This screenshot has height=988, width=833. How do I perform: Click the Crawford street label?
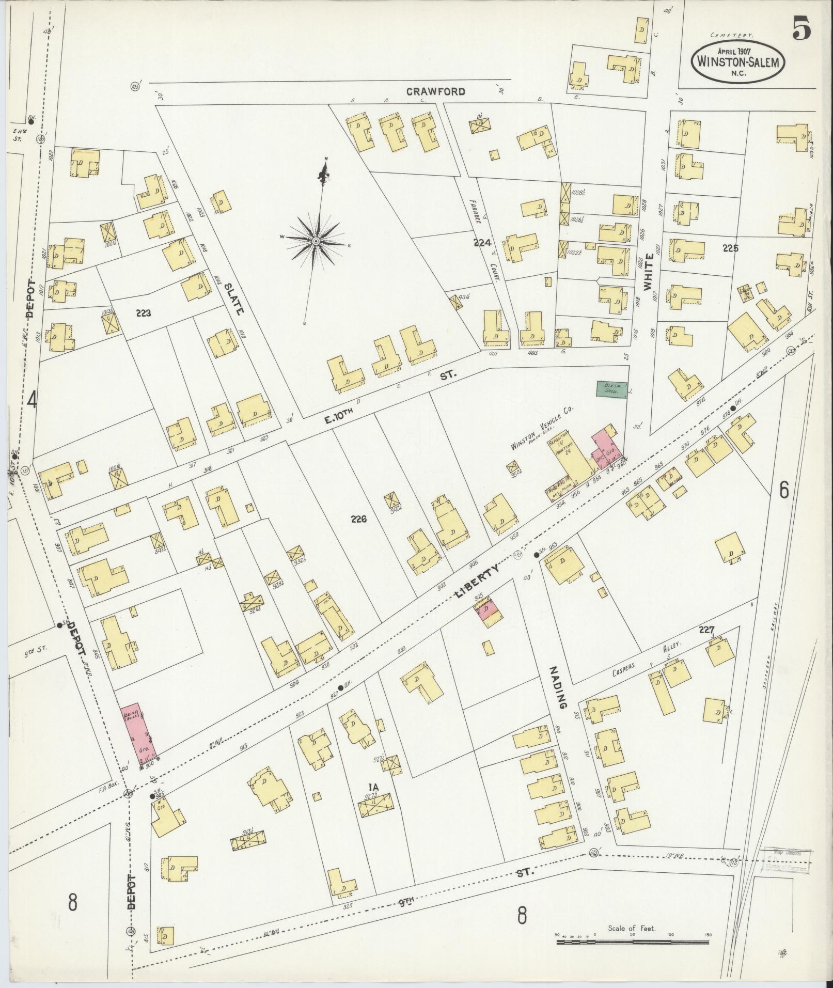(435, 92)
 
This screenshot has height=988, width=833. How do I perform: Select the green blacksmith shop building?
(612, 388)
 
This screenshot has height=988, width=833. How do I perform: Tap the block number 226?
(357, 519)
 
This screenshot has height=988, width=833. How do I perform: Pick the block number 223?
(144, 312)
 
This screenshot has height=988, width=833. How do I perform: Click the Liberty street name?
(477, 581)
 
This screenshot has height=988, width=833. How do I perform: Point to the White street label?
(649, 270)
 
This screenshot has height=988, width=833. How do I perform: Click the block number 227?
(706, 630)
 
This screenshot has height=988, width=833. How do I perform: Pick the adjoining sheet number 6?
(784, 489)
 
